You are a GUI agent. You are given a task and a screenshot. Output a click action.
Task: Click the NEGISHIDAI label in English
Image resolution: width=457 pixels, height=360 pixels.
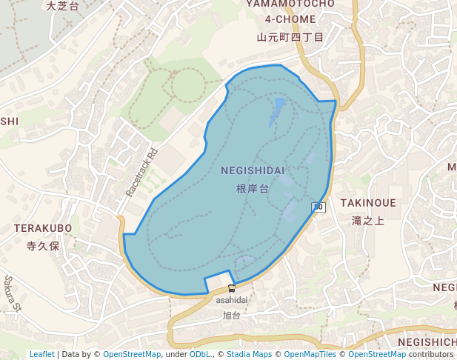point(253,171)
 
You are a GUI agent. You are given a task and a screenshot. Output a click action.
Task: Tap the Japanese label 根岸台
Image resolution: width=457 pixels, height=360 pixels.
point(252,190)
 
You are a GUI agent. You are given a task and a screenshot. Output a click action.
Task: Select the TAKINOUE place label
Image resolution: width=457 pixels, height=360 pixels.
point(368,203)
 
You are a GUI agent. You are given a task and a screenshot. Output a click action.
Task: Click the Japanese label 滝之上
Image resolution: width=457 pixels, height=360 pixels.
point(368,221)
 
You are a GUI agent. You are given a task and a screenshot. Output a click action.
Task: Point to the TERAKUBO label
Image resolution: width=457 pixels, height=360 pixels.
point(43,228)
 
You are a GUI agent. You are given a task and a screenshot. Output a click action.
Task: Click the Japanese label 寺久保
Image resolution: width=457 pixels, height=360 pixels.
point(42,246)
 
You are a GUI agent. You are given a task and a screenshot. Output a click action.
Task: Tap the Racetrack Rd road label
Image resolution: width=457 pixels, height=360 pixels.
point(141,173)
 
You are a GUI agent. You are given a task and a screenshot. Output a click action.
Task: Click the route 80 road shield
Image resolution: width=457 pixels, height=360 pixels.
point(318,207)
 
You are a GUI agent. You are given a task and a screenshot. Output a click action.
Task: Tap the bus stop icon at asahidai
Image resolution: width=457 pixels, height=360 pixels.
point(232,289)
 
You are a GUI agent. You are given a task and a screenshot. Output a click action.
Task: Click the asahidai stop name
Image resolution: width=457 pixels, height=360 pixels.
point(232,301)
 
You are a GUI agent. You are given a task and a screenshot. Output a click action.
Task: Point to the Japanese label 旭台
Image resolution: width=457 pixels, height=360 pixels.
point(232,316)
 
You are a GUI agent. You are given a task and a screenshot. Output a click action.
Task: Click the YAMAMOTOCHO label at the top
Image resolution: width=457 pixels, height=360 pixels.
point(290,4)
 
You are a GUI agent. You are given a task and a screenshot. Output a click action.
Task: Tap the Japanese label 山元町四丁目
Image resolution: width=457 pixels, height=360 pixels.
point(290,37)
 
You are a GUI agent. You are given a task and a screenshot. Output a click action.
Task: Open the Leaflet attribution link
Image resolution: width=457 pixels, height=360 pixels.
point(41,355)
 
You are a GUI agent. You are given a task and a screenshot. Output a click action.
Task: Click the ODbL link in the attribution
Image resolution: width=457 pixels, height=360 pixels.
point(199,355)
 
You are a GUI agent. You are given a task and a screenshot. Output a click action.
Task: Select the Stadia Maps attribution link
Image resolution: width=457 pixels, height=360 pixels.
point(249,355)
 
